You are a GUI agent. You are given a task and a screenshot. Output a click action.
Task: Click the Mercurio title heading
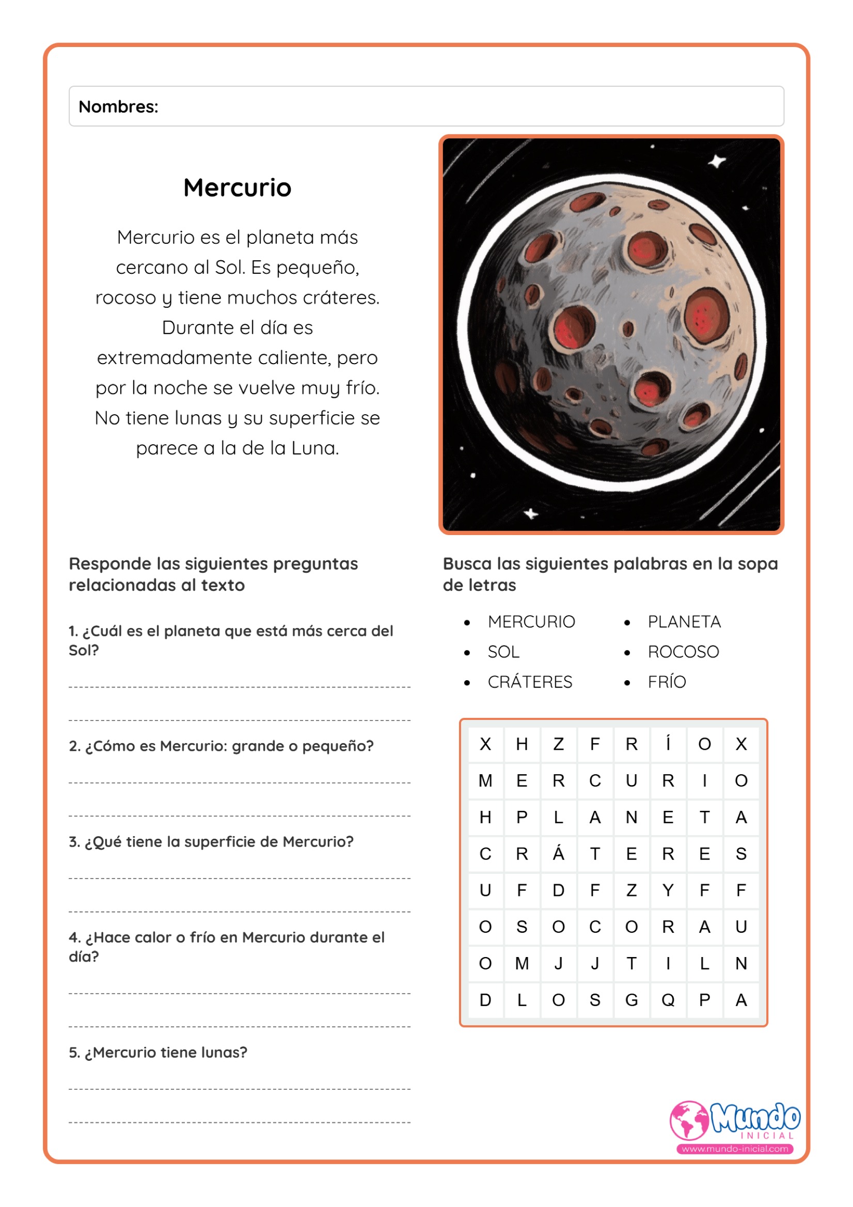237,187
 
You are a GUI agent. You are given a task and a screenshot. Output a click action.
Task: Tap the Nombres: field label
118,107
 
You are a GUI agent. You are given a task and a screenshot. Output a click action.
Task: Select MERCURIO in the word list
531,622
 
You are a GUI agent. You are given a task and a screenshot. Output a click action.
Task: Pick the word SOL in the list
503,652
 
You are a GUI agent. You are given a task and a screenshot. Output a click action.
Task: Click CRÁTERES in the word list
529,682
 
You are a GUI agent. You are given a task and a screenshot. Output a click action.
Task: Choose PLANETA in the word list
684,622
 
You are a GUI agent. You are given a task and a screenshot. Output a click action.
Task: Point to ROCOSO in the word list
683,652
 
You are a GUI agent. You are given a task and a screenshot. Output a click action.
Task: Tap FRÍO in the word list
667,682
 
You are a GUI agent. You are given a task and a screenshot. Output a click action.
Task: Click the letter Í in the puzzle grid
668,743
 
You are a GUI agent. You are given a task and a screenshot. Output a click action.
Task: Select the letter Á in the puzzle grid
558,853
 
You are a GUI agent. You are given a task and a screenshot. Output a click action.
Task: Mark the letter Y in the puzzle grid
668,890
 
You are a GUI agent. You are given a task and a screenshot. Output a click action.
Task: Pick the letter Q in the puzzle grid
668,1000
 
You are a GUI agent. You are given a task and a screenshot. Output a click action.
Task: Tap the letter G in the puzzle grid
631,1000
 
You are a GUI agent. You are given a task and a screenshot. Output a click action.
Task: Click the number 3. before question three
74,842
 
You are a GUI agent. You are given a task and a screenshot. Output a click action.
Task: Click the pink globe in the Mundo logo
688,1120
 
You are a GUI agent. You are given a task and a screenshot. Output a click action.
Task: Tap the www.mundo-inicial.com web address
735,1149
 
